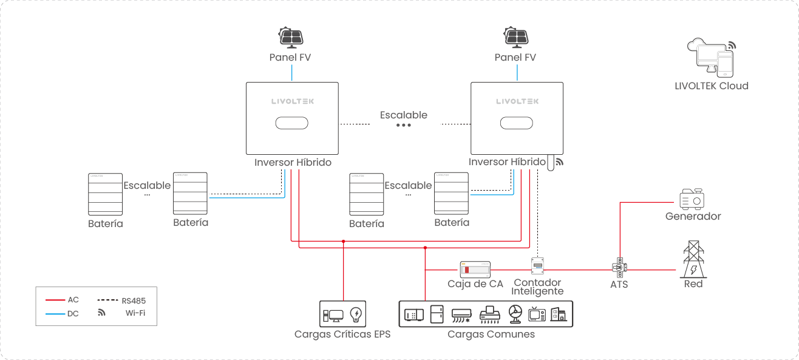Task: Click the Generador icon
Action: [692, 199]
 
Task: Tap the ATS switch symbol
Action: [618, 267]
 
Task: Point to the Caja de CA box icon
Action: [475, 269]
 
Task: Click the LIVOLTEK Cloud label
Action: [712, 86]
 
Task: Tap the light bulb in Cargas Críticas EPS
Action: [356, 314]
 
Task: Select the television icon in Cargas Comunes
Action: [537, 314]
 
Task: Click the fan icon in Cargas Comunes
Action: [514, 314]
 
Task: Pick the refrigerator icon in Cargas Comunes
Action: [437, 314]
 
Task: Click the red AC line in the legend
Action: [55, 300]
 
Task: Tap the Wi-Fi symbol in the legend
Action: [102, 313]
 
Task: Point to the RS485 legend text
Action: [134, 301]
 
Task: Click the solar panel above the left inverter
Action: [291, 37]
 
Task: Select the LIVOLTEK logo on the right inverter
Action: [517, 101]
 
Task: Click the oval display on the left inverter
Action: [292, 123]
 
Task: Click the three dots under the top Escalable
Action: [404, 125]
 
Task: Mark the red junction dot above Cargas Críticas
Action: [343, 241]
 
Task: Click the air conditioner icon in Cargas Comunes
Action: [461, 314]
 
